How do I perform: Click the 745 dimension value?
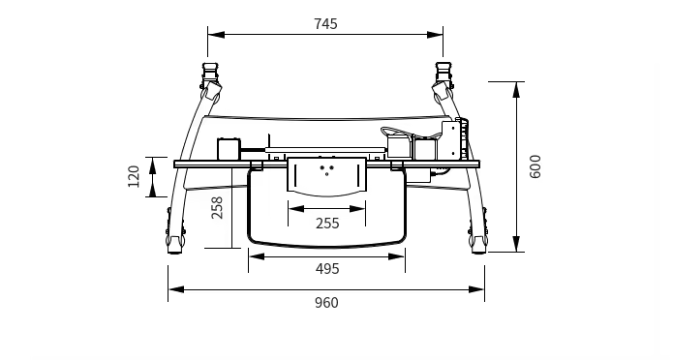click(325, 24)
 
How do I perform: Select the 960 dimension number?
click(326, 303)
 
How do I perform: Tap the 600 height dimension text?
click(535, 166)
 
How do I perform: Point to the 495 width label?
click(327, 269)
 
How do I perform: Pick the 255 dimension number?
click(327, 224)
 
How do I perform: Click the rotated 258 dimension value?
click(217, 208)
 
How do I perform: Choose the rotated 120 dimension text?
click(134, 176)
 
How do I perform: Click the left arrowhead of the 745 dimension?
click(216, 35)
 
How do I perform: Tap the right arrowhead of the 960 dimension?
click(476, 289)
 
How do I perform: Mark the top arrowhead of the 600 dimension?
click(517, 90)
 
